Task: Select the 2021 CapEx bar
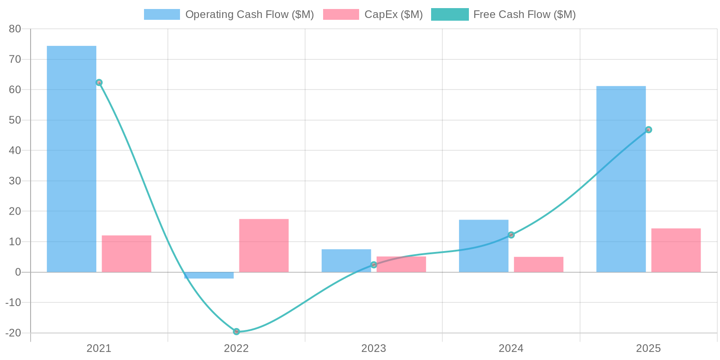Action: (126, 254)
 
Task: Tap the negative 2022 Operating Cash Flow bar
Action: (209, 275)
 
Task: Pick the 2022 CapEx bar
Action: (264, 246)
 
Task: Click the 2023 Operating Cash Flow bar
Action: (346, 261)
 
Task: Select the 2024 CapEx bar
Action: (539, 265)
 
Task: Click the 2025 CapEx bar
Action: (676, 250)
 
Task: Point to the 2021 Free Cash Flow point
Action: (99, 82)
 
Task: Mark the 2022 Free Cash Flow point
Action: (236, 332)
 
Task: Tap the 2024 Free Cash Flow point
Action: (511, 235)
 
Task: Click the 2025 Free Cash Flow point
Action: (648, 130)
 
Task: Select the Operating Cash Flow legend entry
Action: (229, 14)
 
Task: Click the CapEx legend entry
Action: (373, 14)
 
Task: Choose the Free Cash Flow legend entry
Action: (504, 14)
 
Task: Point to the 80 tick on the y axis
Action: (15, 29)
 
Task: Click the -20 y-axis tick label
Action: (13, 333)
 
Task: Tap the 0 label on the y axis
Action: (18, 272)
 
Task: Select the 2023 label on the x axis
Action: (373, 348)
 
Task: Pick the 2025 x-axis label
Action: (648, 348)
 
